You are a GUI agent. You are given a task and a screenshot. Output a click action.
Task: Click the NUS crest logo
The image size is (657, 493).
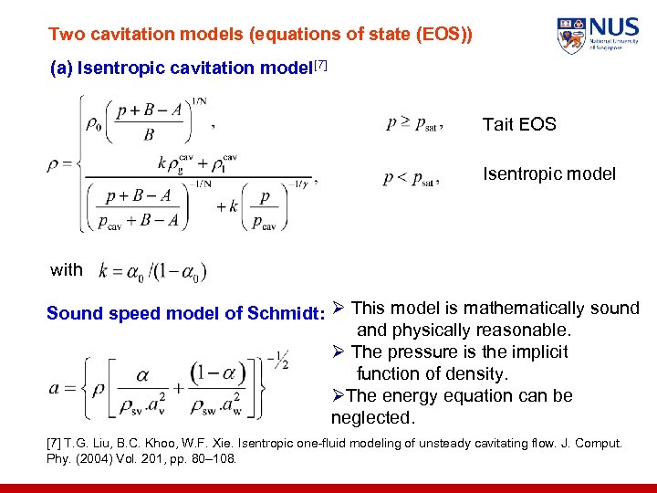(x=572, y=36)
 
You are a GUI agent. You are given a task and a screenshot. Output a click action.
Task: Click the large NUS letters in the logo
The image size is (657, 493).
(x=612, y=27)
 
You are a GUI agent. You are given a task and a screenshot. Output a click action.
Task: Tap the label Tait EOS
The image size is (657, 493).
(x=518, y=125)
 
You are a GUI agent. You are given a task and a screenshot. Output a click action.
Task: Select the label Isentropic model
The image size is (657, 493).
(x=548, y=173)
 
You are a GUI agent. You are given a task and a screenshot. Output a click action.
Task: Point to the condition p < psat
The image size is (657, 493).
(x=411, y=179)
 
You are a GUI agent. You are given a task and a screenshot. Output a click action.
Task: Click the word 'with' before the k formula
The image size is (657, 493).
(x=66, y=270)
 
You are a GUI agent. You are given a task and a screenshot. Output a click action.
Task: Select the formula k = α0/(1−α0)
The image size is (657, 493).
(x=152, y=271)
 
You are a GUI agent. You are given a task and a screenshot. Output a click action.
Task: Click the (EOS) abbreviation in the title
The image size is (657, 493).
(x=444, y=35)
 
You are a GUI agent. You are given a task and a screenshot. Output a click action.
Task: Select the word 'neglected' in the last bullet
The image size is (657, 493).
(x=372, y=418)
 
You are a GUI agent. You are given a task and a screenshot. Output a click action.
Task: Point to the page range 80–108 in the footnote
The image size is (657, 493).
(x=213, y=457)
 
